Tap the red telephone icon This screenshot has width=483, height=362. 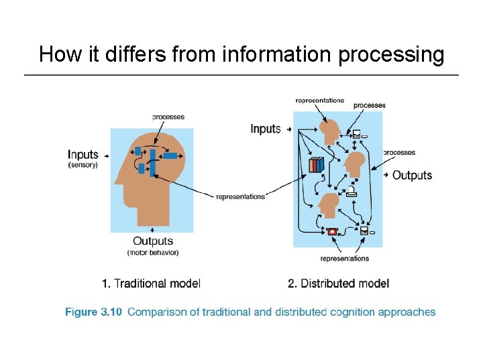pyautogui.click(x=331, y=231)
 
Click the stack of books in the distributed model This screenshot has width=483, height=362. pyautogui.click(x=317, y=164)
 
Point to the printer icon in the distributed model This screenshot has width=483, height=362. pyautogui.click(x=351, y=193)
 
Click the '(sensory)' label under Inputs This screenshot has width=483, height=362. pyautogui.click(x=83, y=165)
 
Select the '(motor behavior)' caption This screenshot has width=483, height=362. pyautogui.click(x=153, y=253)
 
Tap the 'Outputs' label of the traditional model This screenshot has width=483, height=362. pyautogui.click(x=153, y=241)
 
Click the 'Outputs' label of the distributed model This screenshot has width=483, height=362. pyautogui.click(x=412, y=175)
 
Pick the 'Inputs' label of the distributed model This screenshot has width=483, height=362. pyautogui.click(x=266, y=128)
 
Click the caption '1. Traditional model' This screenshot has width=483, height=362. pyautogui.click(x=151, y=284)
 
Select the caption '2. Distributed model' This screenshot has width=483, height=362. pyautogui.click(x=338, y=284)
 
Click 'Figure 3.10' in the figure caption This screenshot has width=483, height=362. pyautogui.click(x=93, y=312)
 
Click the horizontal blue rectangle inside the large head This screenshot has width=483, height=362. pyautogui.click(x=170, y=156)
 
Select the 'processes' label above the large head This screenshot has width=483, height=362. pyautogui.click(x=168, y=117)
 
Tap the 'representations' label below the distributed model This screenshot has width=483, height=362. pyautogui.click(x=344, y=258)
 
